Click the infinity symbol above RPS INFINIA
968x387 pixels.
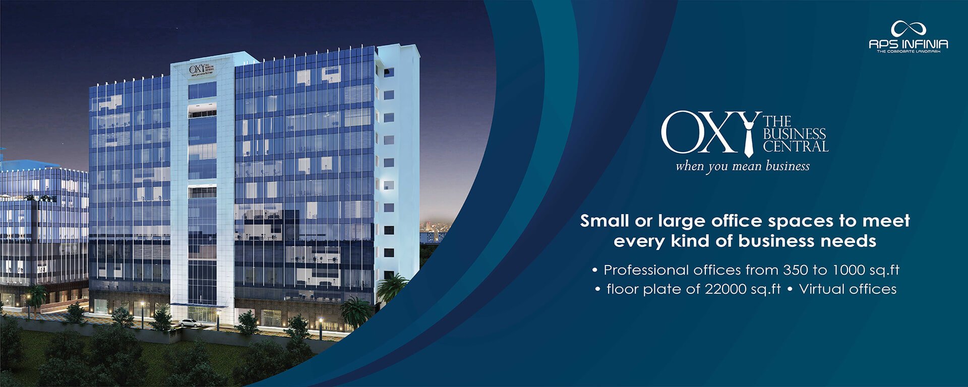[x=908, y=28]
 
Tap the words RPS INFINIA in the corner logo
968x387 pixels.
[x=908, y=44]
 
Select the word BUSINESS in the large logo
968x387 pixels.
[x=794, y=134]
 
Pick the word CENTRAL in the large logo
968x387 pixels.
[x=795, y=147]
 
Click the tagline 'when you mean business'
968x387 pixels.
[x=743, y=166]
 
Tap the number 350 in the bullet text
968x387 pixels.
[x=795, y=270]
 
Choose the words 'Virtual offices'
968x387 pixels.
[x=848, y=289]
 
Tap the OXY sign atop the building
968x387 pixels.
[x=203, y=70]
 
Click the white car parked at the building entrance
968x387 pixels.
[x=190, y=323]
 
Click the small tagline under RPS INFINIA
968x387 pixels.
[x=908, y=51]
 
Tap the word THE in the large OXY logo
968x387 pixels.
[x=777, y=121]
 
